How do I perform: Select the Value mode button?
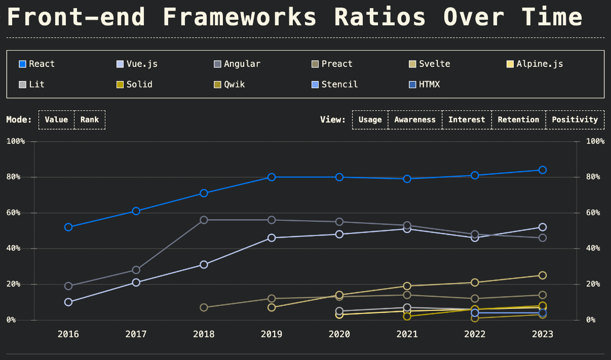[x=56, y=120]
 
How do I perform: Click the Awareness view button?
[x=415, y=120]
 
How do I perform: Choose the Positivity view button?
[x=575, y=120]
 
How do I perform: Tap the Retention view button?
[x=518, y=120]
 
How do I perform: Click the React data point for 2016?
[x=68, y=227]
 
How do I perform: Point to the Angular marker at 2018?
[x=204, y=220]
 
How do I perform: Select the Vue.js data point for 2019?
[x=272, y=237]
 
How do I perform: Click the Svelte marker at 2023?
[x=542, y=275]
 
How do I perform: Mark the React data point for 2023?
[x=542, y=170]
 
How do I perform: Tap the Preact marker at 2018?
[x=204, y=307]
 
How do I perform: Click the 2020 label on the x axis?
[x=339, y=334]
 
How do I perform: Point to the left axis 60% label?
[x=15, y=213]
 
